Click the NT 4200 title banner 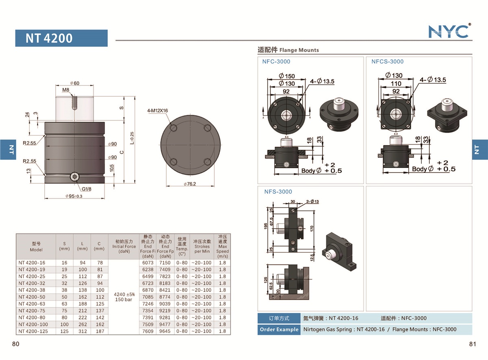coord(61,38)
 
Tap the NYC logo coord(449,31)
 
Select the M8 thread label coord(65,90)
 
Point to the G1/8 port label coord(87,189)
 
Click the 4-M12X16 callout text coord(158,110)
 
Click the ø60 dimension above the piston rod coord(74,83)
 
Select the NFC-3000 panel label coord(276,61)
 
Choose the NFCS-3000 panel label coord(387,61)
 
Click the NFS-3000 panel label coord(278,192)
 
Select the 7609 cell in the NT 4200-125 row coord(148,331)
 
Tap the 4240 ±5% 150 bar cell coord(124,297)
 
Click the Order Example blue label coord(279,329)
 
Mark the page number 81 coord(472,344)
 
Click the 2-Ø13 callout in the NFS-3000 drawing coord(312,201)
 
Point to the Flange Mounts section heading coord(288,50)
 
